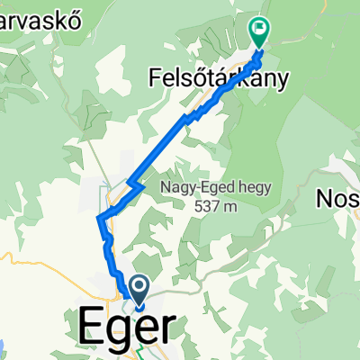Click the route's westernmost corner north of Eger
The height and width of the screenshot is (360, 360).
(x=98, y=218)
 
